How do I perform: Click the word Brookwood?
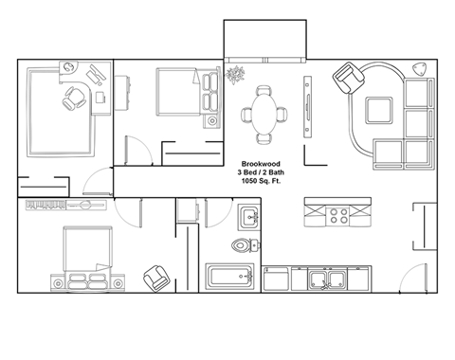point(258,163)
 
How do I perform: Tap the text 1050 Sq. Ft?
point(258,181)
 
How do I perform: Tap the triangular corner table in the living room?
point(421,69)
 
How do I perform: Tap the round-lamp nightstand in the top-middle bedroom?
point(210,121)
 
